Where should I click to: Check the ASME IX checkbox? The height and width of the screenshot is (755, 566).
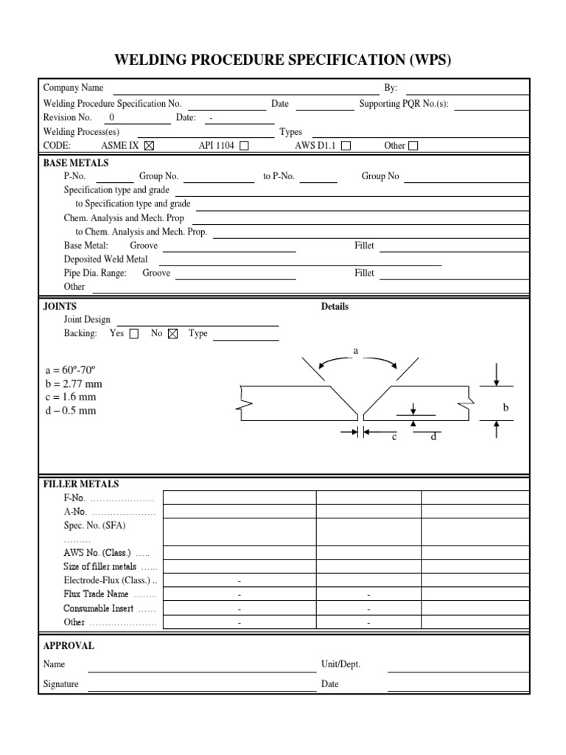(150, 145)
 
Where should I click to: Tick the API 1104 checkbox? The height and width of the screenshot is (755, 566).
(244, 145)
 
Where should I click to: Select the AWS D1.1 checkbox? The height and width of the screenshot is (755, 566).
(346, 145)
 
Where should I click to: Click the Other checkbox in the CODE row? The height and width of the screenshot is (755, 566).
(413, 145)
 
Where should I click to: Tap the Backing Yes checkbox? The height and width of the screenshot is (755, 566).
(133, 333)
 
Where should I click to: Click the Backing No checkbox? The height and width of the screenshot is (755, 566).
(173, 333)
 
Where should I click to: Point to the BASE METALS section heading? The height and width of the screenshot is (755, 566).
(76, 163)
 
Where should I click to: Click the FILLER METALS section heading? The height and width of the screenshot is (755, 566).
(81, 484)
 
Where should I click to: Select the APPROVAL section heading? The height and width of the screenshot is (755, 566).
(69, 646)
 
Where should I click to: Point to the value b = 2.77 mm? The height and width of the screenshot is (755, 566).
(73, 383)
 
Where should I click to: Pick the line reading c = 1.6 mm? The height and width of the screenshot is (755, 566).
(70, 397)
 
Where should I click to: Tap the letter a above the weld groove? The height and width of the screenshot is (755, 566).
(355, 352)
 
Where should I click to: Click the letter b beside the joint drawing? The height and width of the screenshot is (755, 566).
(506, 407)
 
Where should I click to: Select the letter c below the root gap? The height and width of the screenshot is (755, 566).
(394, 437)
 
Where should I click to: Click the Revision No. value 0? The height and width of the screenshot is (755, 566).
(112, 117)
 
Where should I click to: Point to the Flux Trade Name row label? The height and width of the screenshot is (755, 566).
(97, 594)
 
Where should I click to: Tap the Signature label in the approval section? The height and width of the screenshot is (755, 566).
(60, 684)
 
